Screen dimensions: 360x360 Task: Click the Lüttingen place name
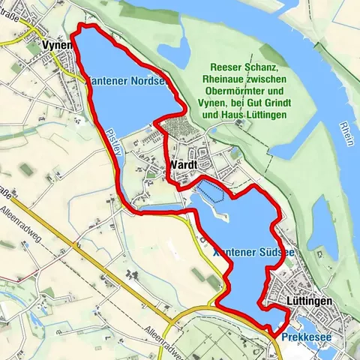310,300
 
